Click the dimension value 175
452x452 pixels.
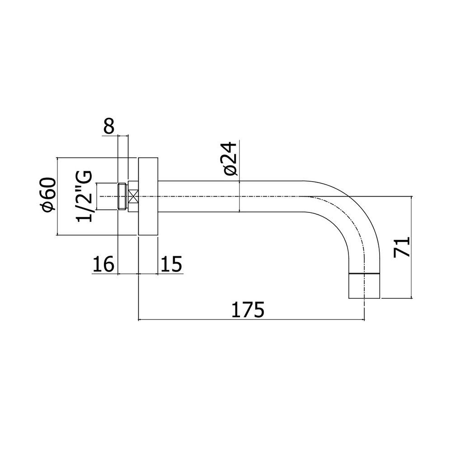(x=248, y=309)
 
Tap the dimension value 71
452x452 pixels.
(x=402, y=247)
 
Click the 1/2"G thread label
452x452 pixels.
(x=84, y=196)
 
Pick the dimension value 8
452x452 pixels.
(x=109, y=126)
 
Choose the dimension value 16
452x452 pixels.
(x=104, y=264)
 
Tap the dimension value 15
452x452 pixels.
(x=171, y=264)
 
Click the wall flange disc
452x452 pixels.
(x=148, y=196)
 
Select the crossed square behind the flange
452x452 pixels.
(x=133, y=196)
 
